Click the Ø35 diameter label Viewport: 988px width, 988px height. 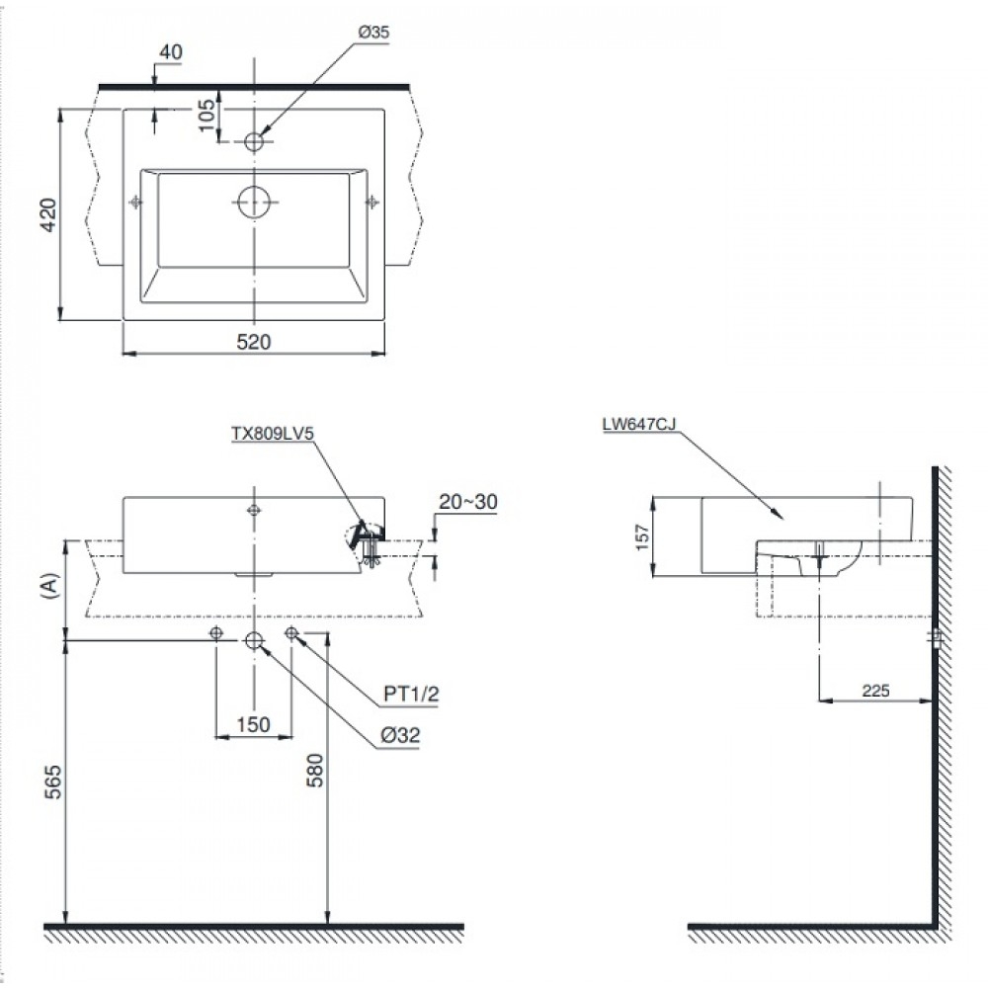coord(376,32)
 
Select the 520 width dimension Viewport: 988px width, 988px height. coord(253,341)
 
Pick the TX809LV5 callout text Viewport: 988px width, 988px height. coord(271,432)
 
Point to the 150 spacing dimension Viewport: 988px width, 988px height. coord(253,724)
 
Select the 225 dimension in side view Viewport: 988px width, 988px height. coord(876,691)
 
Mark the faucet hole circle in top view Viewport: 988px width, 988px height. coord(254,141)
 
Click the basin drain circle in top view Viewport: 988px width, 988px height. coord(254,203)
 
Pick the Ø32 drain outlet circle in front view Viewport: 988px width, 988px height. coord(254,641)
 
